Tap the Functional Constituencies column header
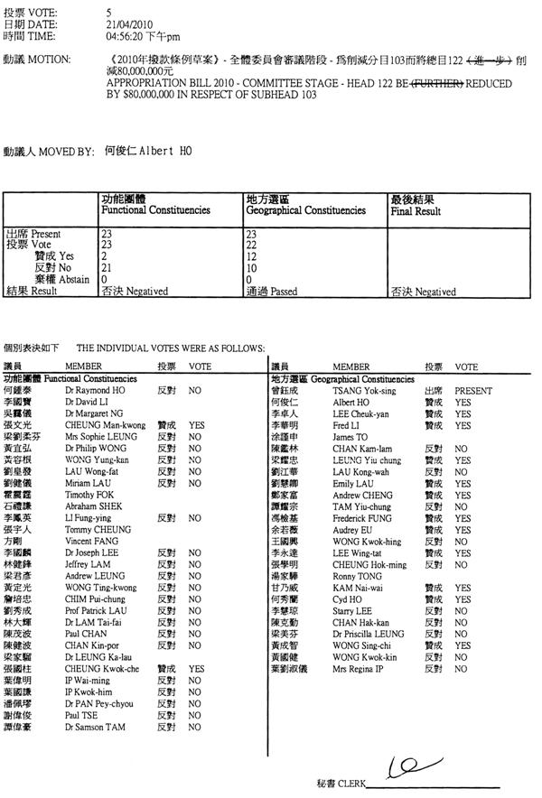pos(155,209)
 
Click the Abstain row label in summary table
pos(61,279)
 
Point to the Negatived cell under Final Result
pos(423,292)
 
